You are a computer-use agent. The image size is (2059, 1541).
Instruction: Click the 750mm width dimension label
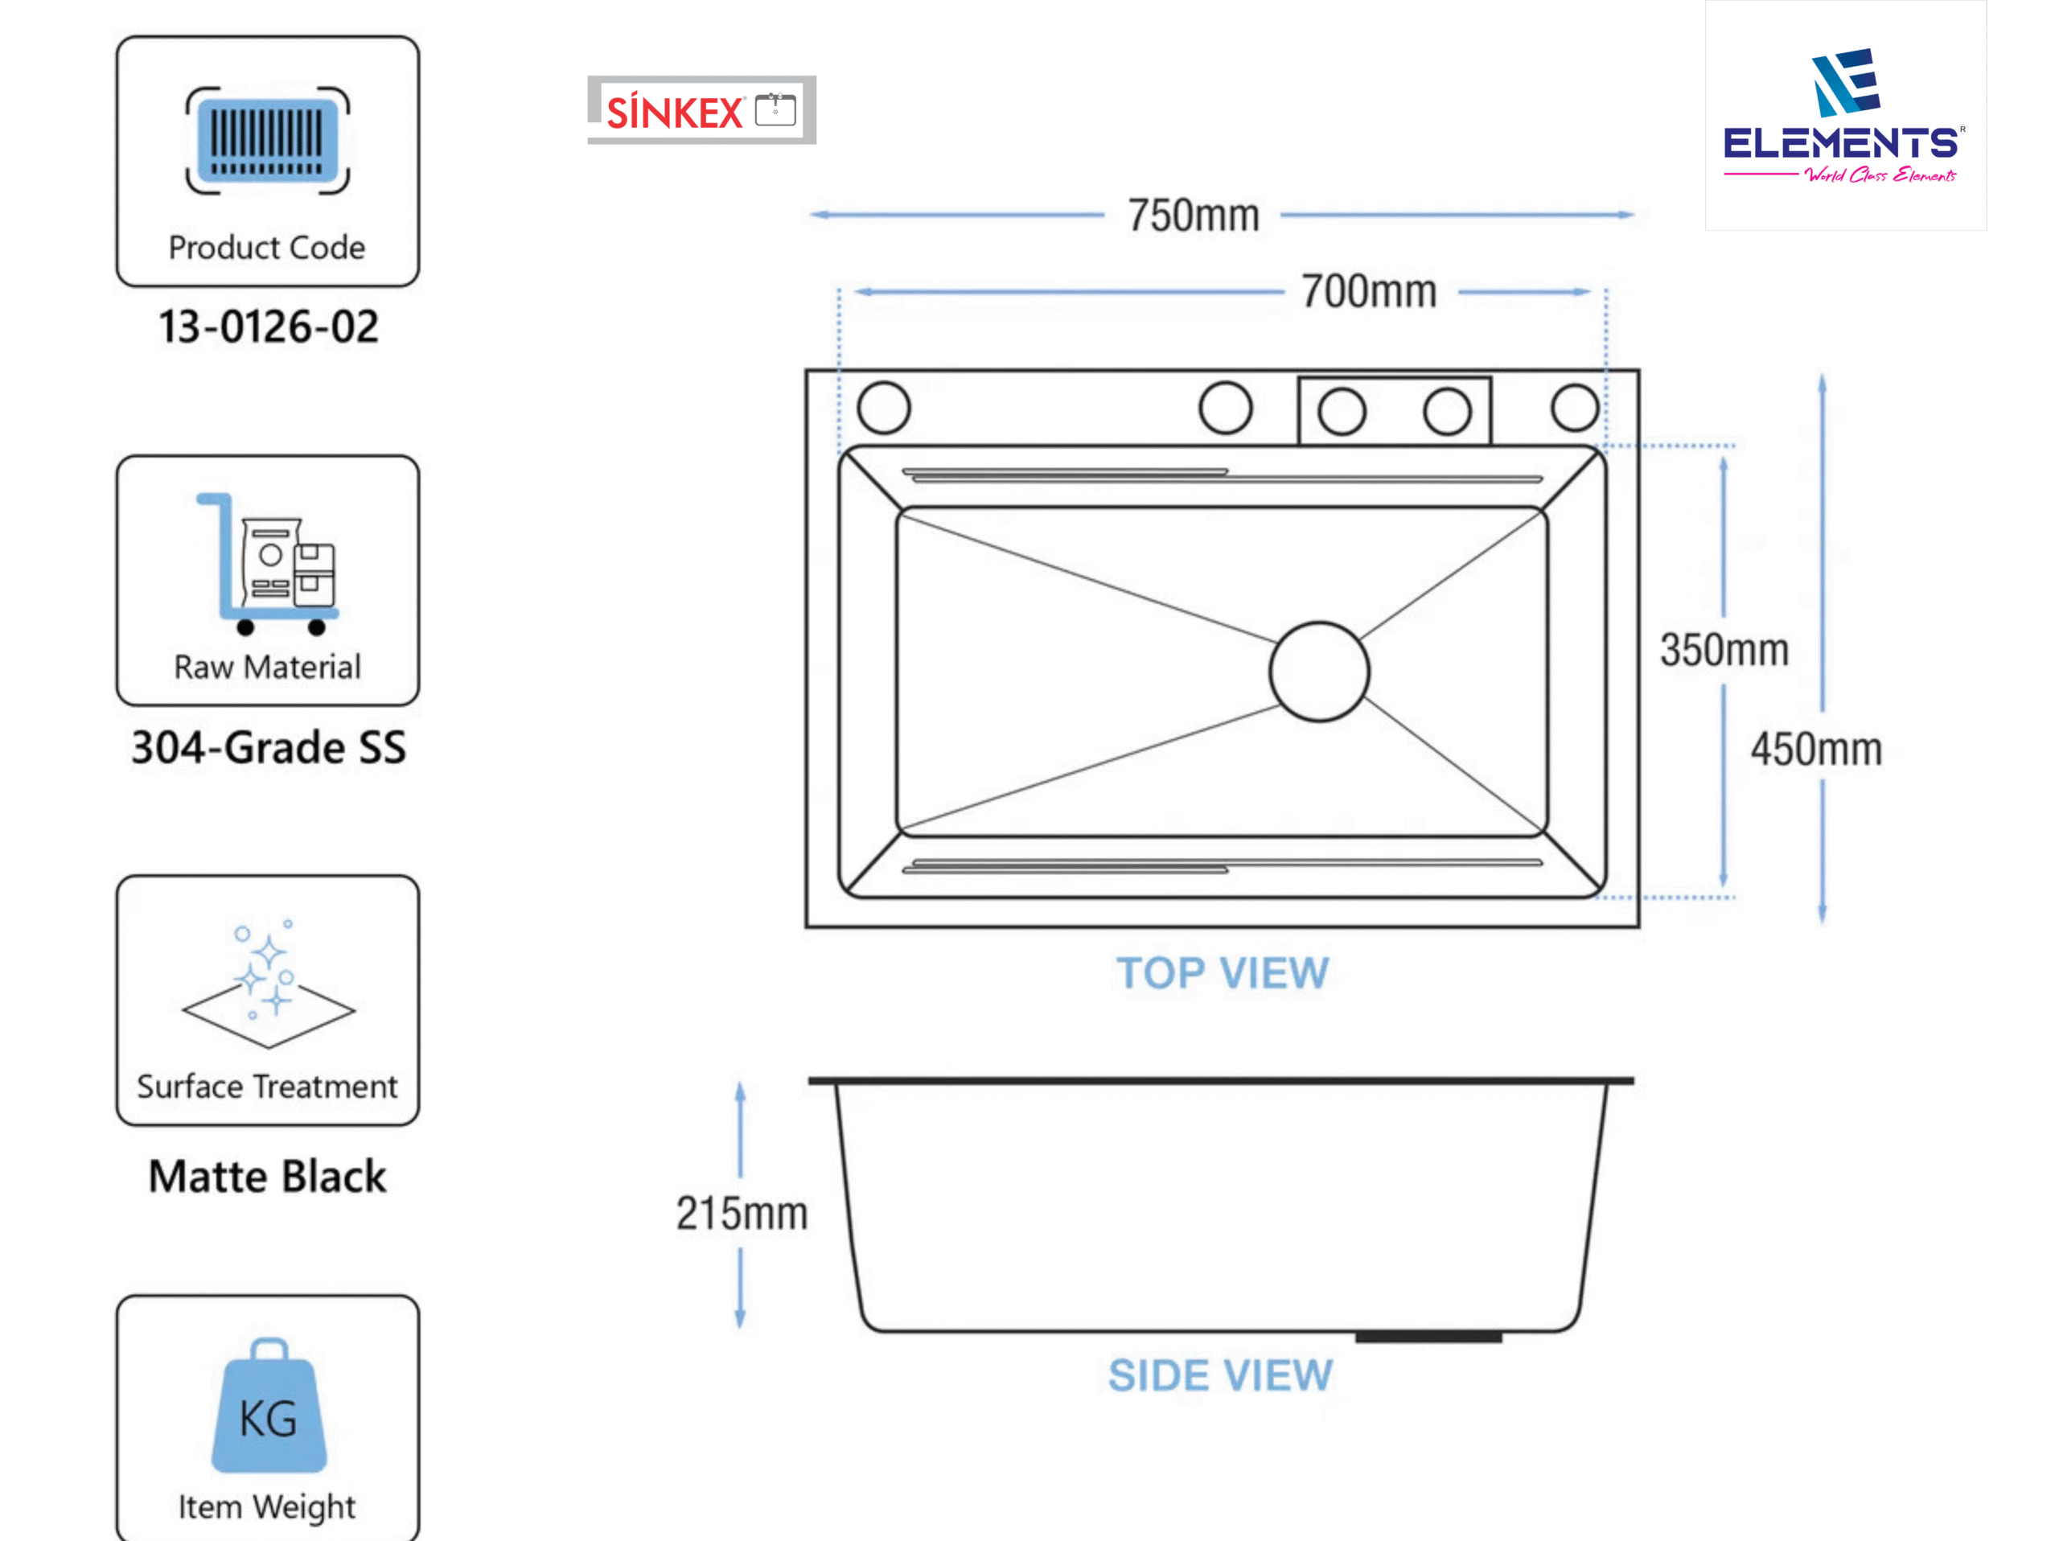[x=1194, y=216]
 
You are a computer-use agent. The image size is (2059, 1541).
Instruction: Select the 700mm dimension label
[x=1369, y=292]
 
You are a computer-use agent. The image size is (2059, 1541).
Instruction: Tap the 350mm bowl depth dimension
[x=1724, y=651]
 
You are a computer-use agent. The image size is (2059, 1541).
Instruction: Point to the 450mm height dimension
[x=1816, y=749]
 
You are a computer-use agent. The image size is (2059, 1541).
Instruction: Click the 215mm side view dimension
[x=742, y=1214]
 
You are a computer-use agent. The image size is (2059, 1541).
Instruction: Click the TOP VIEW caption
[x=1223, y=973]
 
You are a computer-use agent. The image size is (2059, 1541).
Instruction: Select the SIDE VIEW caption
[x=1220, y=1375]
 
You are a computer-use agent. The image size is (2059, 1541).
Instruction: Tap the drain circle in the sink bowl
[x=1319, y=672]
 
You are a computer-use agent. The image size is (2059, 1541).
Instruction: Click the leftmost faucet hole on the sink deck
[x=883, y=408]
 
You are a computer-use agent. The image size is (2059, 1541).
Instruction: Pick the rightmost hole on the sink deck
[x=1575, y=408]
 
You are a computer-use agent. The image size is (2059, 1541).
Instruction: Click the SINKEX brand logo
[x=702, y=110]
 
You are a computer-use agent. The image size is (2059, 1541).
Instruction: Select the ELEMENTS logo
[x=1845, y=115]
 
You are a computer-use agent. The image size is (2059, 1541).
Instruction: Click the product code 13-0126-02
[x=268, y=327]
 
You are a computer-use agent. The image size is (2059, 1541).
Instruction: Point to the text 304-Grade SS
[x=268, y=747]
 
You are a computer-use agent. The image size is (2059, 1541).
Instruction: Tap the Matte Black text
[x=267, y=1176]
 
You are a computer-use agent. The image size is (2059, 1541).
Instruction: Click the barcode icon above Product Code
[x=268, y=141]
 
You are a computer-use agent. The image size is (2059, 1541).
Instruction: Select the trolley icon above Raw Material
[x=267, y=564]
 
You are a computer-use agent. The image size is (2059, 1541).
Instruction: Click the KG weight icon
[x=269, y=1406]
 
